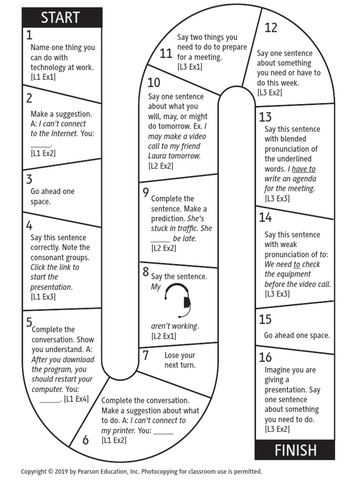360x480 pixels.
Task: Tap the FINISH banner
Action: point(295,450)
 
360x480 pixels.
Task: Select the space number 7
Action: point(146,355)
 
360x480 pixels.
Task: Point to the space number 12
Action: point(271,28)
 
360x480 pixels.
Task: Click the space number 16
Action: point(265,357)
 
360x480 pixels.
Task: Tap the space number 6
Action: point(85,440)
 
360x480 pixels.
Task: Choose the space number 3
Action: point(29,180)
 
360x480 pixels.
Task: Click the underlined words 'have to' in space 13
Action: point(304,169)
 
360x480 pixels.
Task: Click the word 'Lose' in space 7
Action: point(172,355)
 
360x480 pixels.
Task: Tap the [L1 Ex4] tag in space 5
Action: point(76,399)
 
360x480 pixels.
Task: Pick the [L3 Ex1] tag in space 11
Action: point(190,67)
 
